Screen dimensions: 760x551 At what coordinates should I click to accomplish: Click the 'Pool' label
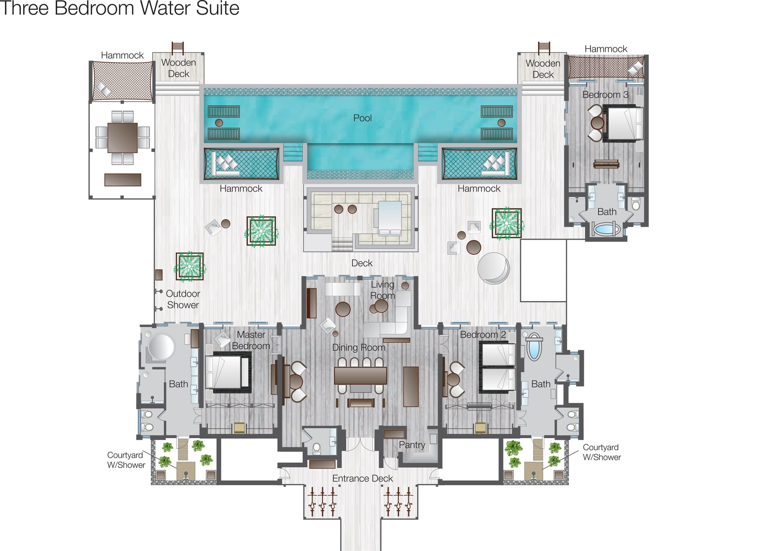[362, 118]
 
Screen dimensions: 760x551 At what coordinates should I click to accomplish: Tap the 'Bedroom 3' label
[605, 95]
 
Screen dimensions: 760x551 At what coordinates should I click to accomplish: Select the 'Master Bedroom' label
[251, 340]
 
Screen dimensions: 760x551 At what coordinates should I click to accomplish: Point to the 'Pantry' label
[412, 445]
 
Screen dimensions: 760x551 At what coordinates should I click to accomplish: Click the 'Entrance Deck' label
[362, 478]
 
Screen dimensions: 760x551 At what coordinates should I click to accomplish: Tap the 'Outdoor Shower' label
[183, 299]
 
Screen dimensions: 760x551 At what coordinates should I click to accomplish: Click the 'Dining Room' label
[359, 348]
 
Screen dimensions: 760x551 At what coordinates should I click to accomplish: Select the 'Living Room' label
[382, 290]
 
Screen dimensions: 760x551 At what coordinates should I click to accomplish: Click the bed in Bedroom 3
[624, 123]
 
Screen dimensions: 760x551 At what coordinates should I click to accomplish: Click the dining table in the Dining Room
[360, 375]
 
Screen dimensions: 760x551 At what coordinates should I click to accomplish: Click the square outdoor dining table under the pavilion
[123, 138]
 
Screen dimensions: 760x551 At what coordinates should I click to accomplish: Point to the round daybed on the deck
[494, 268]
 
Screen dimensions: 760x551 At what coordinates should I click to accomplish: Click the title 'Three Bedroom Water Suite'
[120, 8]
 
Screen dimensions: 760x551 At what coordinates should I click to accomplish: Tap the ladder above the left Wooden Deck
[177, 48]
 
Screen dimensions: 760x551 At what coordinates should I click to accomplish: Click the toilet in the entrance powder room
[317, 449]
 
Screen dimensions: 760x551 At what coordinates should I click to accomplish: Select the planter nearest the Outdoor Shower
[190, 266]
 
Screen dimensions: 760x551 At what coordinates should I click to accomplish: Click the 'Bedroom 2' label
[483, 335]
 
